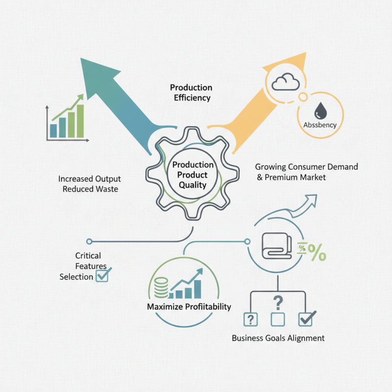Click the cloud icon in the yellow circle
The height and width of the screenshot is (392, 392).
point(285,82)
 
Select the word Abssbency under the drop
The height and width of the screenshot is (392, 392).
point(319,125)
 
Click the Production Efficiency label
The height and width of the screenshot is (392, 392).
point(191,93)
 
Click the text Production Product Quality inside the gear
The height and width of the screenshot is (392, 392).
point(193,175)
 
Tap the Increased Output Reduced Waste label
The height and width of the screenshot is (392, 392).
point(90,184)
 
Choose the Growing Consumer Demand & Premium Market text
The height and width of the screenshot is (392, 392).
point(306,172)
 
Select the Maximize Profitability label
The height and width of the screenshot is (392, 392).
point(189,307)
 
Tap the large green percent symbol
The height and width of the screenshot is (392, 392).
point(316,254)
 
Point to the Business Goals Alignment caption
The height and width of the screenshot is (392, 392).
point(278,338)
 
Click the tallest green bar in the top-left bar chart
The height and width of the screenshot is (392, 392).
point(80,121)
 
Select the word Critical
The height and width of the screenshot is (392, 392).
point(88,256)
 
